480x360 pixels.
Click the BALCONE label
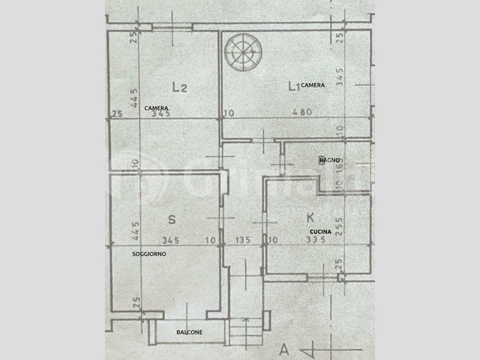(x=189, y=332)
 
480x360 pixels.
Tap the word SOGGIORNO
(x=149, y=254)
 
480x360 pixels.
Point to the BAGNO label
(x=329, y=160)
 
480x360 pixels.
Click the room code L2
(x=180, y=88)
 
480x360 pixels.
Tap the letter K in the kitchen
(x=310, y=217)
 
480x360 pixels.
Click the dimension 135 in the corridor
(x=242, y=241)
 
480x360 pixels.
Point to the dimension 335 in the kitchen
(x=314, y=241)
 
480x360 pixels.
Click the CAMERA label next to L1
(x=313, y=85)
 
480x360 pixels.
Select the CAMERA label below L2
(x=156, y=107)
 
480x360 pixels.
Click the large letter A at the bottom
(x=284, y=349)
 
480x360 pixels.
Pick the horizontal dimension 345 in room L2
(x=161, y=113)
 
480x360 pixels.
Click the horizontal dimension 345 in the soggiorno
(x=170, y=241)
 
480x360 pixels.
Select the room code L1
(x=293, y=88)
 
